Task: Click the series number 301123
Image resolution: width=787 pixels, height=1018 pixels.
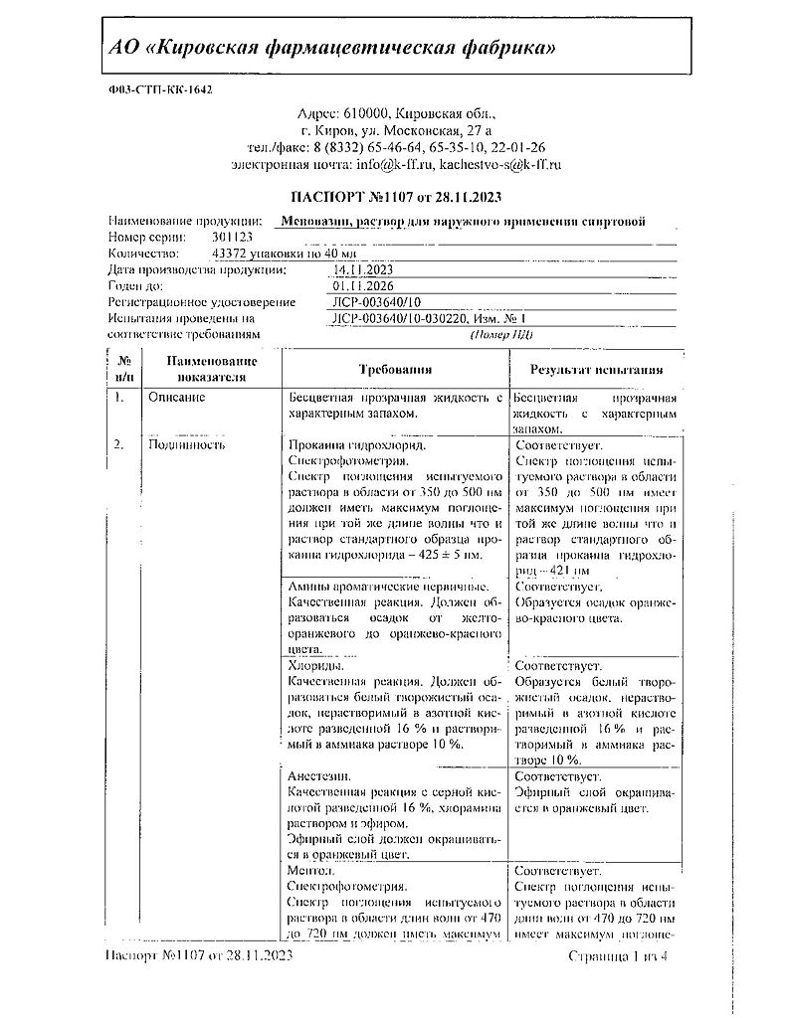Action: [232, 238]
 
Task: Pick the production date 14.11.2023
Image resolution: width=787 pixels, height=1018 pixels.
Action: [364, 269]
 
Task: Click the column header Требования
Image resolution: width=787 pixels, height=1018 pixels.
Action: [395, 370]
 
